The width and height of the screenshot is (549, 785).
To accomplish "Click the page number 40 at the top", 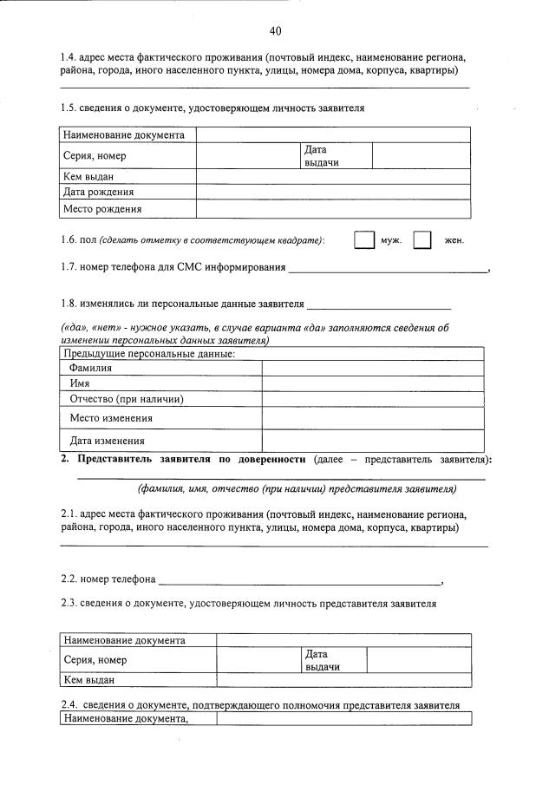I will click(275, 31).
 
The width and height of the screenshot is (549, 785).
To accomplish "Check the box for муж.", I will click(363, 240).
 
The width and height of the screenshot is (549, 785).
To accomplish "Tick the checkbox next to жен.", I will click(422, 240).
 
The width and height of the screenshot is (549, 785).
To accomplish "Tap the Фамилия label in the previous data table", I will click(91, 368).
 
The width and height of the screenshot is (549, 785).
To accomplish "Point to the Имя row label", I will click(80, 383).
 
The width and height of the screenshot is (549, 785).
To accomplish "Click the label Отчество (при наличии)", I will click(126, 399).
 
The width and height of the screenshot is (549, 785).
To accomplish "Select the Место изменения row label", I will click(111, 418).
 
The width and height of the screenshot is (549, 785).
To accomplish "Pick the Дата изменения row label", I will click(106, 440).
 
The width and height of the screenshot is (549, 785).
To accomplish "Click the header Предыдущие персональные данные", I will click(149, 354).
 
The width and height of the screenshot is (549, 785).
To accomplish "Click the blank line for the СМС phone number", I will click(388, 271).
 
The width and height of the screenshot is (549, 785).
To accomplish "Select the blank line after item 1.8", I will click(379, 308).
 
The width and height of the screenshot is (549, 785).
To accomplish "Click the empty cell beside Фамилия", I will click(372, 368).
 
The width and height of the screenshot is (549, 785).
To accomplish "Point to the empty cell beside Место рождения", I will click(333, 209).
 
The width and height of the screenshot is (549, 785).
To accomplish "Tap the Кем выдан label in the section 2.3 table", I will click(89, 680).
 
